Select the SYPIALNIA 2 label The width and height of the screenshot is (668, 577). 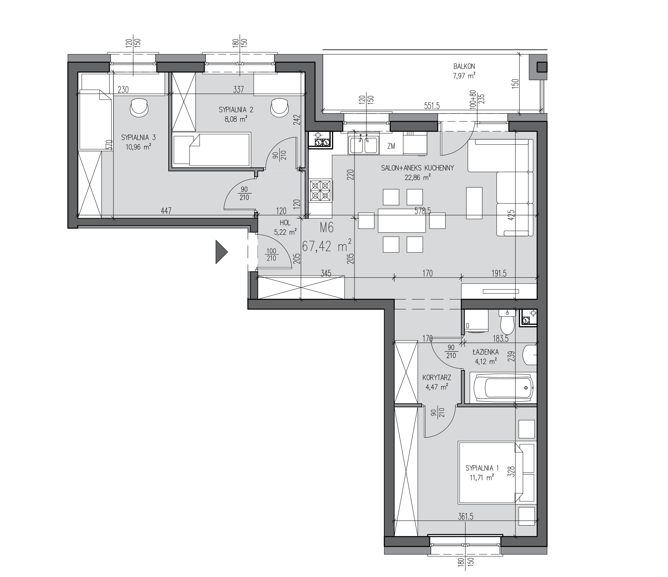tap(236, 110)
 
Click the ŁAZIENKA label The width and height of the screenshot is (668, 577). tap(486, 352)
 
